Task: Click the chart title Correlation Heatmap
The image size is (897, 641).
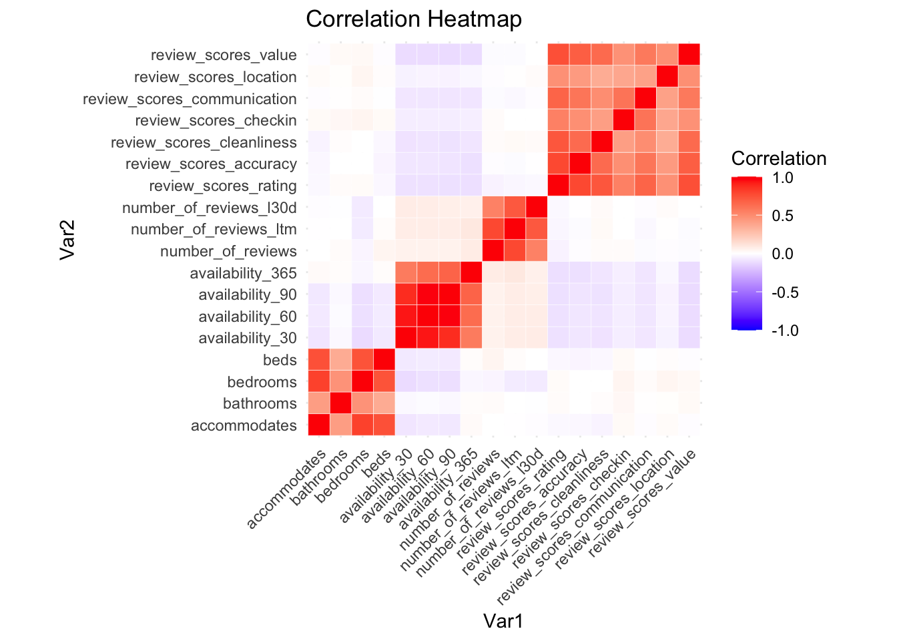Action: [414, 19]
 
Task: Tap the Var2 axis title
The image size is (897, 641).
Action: [69, 240]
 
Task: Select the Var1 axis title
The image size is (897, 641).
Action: [503, 622]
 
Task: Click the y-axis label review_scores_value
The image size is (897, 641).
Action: [224, 55]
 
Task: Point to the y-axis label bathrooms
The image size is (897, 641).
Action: [260, 404]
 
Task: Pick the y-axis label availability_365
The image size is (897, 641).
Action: [243, 273]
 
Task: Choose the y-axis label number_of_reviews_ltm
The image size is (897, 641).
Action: [214, 230]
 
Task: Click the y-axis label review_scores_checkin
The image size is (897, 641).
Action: [216, 121]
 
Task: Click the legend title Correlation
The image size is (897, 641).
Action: [779, 159]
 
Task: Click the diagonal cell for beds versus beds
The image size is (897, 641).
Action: [384, 361]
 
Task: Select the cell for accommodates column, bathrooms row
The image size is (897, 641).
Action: [319, 404]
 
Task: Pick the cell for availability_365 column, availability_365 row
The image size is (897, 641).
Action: [471, 273]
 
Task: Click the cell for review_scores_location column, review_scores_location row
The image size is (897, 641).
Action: [667, 77]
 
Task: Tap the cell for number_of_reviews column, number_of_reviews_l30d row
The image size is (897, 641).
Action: [493, 208]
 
